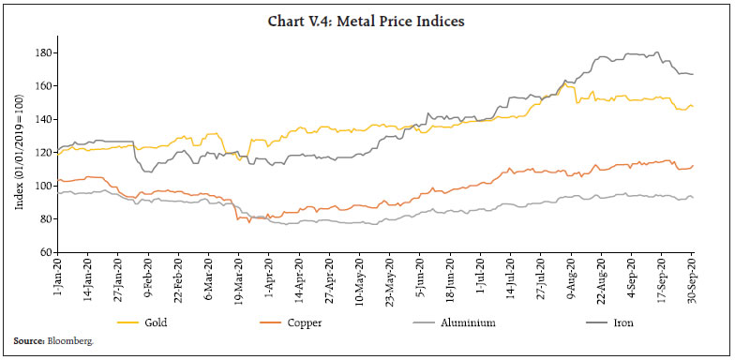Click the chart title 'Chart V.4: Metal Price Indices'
pyautogui.click(x=367, y=14)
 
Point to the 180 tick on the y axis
pyautogui.click(x=43, y=52)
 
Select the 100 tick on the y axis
pyautogui.click(x=43, y=186)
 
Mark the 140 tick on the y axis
pyautogui.click(x=43, y=119)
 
